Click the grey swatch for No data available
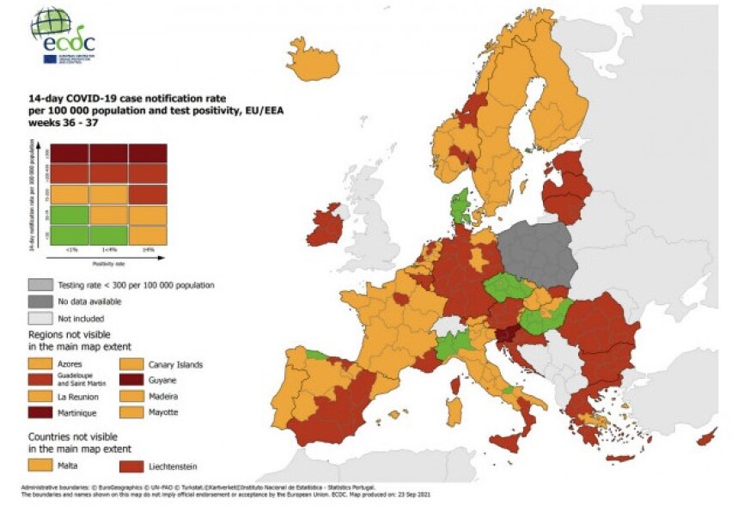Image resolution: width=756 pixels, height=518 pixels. tap(40, 301)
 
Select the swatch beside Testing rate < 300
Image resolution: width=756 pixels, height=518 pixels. tap(40, 284)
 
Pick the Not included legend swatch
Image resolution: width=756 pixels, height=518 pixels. tap(40, 317)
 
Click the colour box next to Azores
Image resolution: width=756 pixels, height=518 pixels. tap(40, 364)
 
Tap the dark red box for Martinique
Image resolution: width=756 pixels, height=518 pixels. tap(40, 411)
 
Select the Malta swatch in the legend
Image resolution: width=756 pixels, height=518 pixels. tap(40, 465)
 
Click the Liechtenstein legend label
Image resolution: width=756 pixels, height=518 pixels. tap(174, 466)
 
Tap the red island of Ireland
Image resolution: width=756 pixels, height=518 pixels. tap(324, 225)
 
